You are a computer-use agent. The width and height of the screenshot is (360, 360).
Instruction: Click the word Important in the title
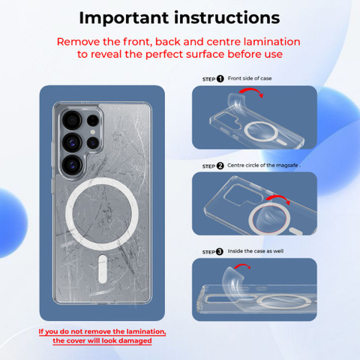124,19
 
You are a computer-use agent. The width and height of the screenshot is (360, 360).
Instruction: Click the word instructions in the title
227,18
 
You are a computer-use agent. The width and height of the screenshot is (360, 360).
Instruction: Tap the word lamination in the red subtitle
272,42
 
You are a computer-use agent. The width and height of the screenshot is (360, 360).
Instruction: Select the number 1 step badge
220,79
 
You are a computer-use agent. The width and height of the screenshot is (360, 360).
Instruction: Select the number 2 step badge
220,166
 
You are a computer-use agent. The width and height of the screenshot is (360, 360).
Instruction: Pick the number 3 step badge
220,251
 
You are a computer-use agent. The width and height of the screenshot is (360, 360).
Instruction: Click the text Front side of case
250,79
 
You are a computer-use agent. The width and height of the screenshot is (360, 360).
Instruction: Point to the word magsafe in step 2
287,165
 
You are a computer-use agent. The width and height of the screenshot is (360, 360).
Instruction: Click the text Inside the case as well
256,251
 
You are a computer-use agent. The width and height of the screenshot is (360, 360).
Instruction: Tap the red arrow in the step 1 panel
251,90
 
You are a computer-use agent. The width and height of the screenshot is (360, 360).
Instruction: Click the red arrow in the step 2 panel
278,197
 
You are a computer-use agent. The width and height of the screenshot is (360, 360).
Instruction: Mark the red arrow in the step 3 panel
242,265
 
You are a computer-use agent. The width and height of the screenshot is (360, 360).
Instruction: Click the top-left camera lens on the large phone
72,120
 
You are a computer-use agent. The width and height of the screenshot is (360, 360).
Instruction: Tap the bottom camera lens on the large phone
72,165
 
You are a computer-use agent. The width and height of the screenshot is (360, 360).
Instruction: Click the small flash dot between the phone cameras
93,132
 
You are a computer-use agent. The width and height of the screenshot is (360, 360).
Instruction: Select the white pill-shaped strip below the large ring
103,269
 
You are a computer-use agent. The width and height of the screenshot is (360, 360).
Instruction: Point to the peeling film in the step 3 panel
233,279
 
